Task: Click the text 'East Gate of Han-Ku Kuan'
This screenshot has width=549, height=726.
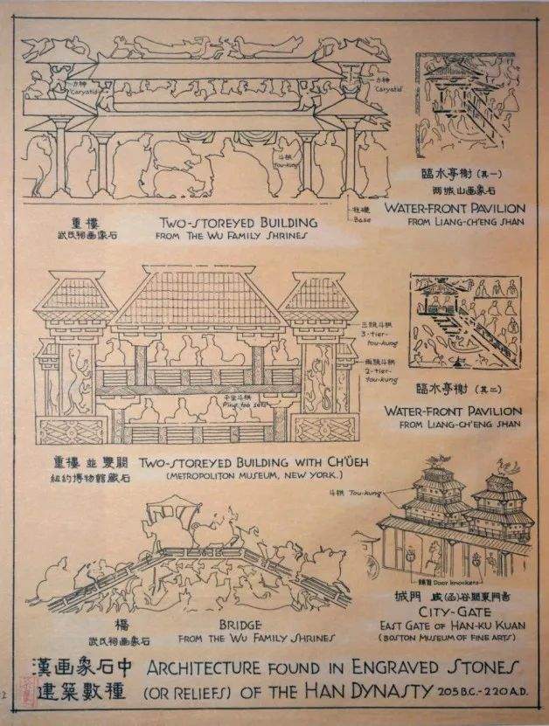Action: click(451, 625)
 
